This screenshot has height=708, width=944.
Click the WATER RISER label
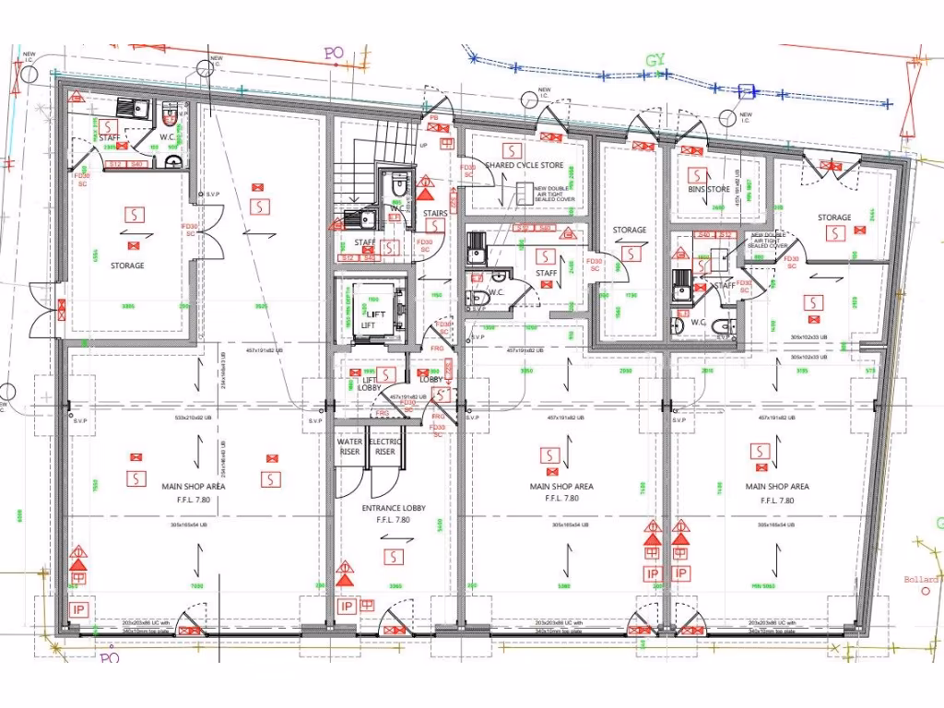349,446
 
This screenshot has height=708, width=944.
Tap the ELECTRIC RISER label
385,446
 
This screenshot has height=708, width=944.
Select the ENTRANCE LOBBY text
394,509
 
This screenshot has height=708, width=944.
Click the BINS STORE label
709,189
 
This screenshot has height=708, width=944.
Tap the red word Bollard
921,580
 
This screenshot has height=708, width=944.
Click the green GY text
655,60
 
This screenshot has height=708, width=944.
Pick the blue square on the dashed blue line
746,90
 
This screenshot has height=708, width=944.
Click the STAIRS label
435,213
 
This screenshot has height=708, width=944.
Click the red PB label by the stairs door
433,118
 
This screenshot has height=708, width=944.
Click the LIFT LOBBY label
369,383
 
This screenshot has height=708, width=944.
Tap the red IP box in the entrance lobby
347,606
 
